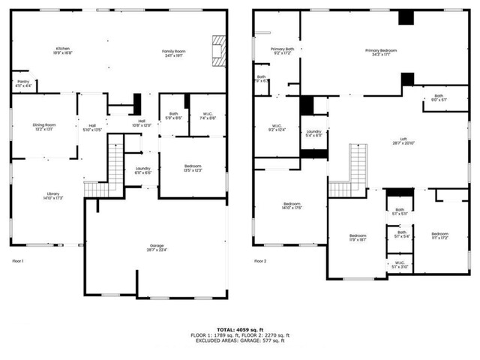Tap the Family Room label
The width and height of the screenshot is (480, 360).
click(x=173, y=52)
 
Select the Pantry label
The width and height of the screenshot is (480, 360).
click(x=23, y=85)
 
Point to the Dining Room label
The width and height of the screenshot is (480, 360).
click(x=44, y=127)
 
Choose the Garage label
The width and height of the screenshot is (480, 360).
click(x=157, y=247)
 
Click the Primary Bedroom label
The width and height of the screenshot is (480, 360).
click(x=381, y=52)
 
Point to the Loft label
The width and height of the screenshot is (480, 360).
click(x=403, y=140)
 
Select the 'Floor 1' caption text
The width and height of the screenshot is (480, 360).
click(x=19, y=261)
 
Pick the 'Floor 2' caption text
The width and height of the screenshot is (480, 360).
click(x=260, y=261)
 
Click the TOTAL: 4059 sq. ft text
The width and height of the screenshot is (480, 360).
click(x=239, y=328)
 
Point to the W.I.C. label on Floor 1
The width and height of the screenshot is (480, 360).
click(x=208, y=116)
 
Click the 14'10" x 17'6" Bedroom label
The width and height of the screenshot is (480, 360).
click(x=292, y=206)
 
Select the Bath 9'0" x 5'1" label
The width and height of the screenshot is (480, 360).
click(x=438, y=97)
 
